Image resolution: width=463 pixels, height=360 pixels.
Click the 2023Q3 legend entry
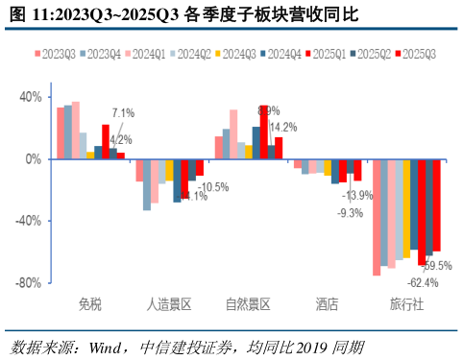[x=56, y=55]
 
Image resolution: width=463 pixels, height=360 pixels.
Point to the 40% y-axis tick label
[x=30, y=97]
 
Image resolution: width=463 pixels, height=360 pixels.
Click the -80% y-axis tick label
[x=28, y=282]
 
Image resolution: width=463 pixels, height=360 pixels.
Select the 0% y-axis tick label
[x=34, y=158]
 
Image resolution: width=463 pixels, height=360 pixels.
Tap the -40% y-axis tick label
[x=28, y=221]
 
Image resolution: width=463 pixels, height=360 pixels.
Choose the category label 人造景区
[x=169, y=305]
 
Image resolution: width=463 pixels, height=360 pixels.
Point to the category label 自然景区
[x=248, y=305]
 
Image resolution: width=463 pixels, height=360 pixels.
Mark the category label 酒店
[x=327, y=305]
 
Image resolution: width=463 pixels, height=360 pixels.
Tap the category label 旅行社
[x=405, y=305]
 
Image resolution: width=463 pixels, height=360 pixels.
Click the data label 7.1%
[x=124, y=112]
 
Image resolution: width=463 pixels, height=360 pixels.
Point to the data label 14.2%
[x=282, y=127]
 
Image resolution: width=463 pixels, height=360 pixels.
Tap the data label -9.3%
[x=351, y=213]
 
